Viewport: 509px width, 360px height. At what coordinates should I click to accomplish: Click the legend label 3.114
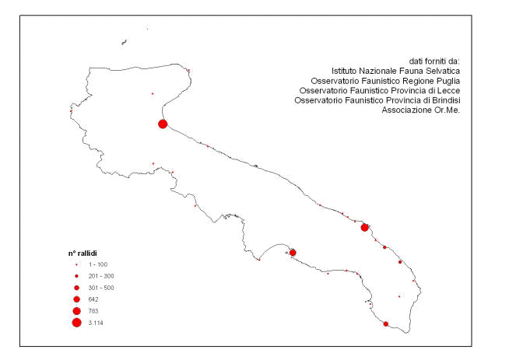[x=96, y=323]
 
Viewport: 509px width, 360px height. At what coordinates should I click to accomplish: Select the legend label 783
[x=93, y=311]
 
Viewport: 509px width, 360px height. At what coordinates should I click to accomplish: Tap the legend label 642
[x=93, y=299]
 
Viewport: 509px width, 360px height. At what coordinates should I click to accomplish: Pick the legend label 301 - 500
[x=101, y=288]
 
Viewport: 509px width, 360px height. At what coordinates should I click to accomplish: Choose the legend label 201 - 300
[x=101, y=276]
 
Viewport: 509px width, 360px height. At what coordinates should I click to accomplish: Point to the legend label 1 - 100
[x=98, y=264]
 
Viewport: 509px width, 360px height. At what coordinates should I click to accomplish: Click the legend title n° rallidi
[x=82, y=253]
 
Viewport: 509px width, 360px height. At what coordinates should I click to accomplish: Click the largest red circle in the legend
[x=76, y=323]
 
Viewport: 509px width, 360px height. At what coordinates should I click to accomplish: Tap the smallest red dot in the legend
[x=76, y=265]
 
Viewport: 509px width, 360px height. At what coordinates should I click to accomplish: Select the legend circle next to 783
[x=76, y=311]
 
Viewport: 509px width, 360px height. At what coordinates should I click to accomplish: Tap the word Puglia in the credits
[x=448, y=81]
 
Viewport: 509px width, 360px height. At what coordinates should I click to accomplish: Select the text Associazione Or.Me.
[x=421, y=110]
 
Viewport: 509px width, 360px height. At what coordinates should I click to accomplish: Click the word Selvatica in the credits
[x=444, y=71]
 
